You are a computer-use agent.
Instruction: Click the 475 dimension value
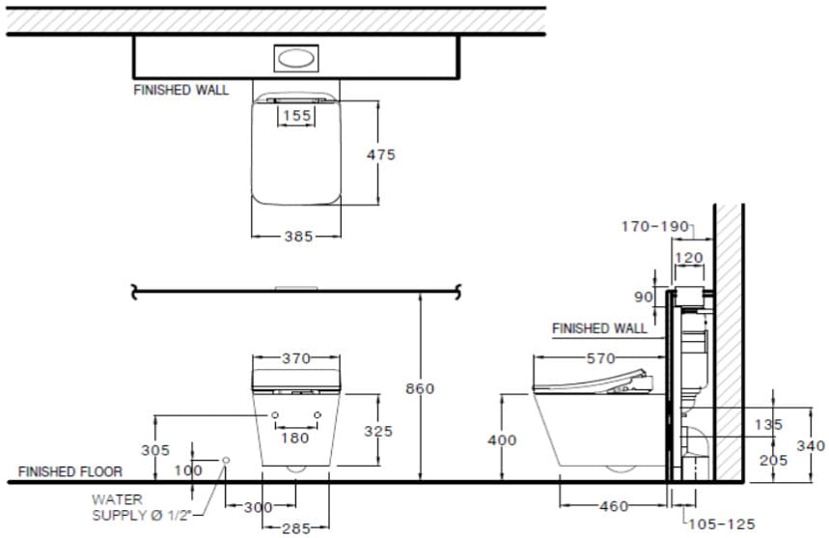pos(380,155)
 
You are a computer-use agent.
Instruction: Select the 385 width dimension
pos(299,237)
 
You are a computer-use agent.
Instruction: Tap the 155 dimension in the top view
pos(296,115)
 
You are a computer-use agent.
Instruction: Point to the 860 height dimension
pos(420,389)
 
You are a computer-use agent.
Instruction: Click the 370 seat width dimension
pos(296,358)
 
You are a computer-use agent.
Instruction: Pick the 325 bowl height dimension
pos(378,431)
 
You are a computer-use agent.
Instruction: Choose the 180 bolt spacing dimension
pos(295,438)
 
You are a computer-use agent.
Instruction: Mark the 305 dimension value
pos(155,450)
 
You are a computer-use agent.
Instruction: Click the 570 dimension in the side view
pos(600,358)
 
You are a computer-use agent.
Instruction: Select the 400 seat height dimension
pos(502,440)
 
